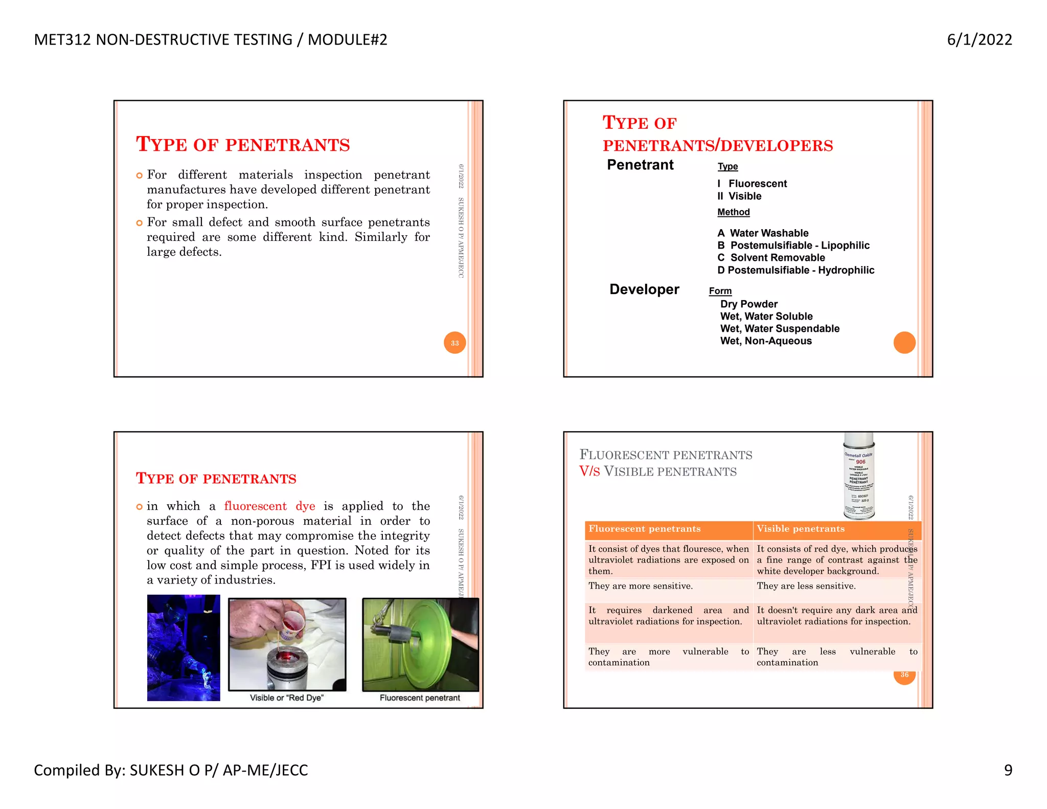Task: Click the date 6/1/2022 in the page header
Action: pos(979,40)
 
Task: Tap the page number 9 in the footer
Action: pos(1008,770)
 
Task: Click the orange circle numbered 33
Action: pos(454,343)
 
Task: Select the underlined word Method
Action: pos(733,212)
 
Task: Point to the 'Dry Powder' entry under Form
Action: pos(748,304)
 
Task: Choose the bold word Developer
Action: pos(644,289)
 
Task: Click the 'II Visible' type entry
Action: pos(739,196)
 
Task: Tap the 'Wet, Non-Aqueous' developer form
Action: pos(766,341)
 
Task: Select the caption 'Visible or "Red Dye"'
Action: pos(286,698)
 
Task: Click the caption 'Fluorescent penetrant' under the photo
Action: pos(420,698)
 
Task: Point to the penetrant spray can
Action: pos(859,476)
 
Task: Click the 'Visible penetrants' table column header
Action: pos(801,529)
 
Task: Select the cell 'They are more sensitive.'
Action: pos(641,586)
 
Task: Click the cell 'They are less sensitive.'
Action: pos(806,586)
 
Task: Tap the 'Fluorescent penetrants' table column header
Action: pos(644,529)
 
